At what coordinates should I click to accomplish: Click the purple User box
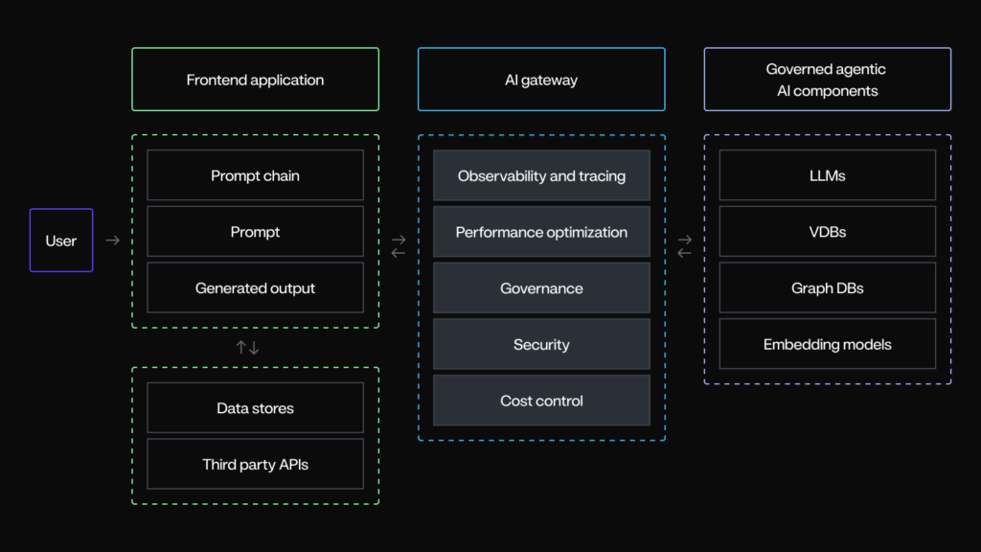(61, 241)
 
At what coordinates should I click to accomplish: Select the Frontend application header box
(255, 80)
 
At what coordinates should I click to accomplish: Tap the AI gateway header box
(541, 80)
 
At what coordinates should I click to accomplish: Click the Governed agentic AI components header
(827, 80)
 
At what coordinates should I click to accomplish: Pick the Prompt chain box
(255, 175)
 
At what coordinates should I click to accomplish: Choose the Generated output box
(255, 287)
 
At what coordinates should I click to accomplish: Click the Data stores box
(255, 408)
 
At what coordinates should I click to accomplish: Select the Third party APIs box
(255, 464)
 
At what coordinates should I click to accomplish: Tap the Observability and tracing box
(541, 175)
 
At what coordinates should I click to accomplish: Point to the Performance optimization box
(541, 232)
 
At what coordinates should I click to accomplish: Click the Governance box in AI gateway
(541, 287)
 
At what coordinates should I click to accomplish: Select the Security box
(541, 344)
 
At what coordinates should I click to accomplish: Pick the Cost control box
(541, 401)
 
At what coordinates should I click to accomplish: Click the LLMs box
(827, 175)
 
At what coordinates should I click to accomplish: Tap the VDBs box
(827, 232)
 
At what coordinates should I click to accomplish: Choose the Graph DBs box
(827, 287)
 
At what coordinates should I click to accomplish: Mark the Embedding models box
(827, 344)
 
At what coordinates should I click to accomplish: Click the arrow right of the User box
(112, 241)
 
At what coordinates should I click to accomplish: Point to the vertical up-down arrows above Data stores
(248, 348)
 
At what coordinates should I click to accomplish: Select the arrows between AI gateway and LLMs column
(684, 246)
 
